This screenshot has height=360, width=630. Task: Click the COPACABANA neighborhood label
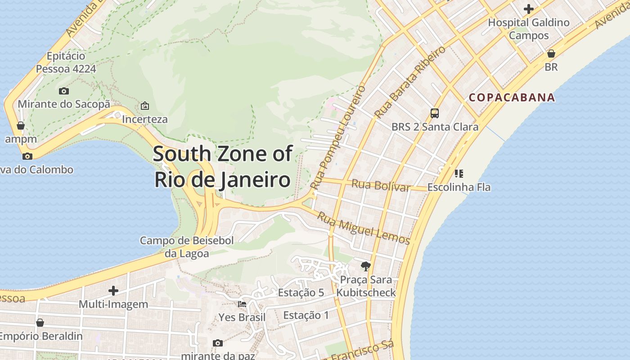click(x=512, y=97)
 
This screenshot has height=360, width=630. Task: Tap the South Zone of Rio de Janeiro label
click(x=222, y=166)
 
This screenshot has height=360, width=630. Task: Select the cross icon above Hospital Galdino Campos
click(x=529, y=9)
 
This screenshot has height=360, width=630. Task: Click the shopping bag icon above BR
click(x=551, y=54)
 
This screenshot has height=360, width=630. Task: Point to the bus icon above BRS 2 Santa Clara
click(x=434, y=113)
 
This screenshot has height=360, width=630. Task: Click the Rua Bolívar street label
click(x=381, y=185)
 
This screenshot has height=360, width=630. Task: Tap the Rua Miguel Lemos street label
click(x=364, y=227)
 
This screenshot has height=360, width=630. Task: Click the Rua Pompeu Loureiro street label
click(x=338, y=137)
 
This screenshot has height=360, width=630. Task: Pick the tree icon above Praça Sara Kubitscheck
click(x=365, y=266)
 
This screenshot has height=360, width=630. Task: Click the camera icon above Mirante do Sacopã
click(x=63, y=91)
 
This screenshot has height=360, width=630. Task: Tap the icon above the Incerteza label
click(x=144, y=106)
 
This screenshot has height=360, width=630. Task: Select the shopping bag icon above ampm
click(x=21, y=125)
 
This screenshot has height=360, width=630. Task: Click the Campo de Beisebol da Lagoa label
click(x=187, y=247)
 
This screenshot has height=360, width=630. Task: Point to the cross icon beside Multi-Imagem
click(x=113, y=291)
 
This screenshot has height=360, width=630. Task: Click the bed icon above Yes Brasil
click(x=242, y=304)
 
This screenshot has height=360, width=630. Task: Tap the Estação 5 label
click(x=301, y=292)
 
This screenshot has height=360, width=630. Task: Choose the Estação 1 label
click(x=306, y=315)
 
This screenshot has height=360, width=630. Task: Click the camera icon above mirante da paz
click(x=218, y=343)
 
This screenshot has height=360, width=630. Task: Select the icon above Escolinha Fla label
click(x=459, y=173)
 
